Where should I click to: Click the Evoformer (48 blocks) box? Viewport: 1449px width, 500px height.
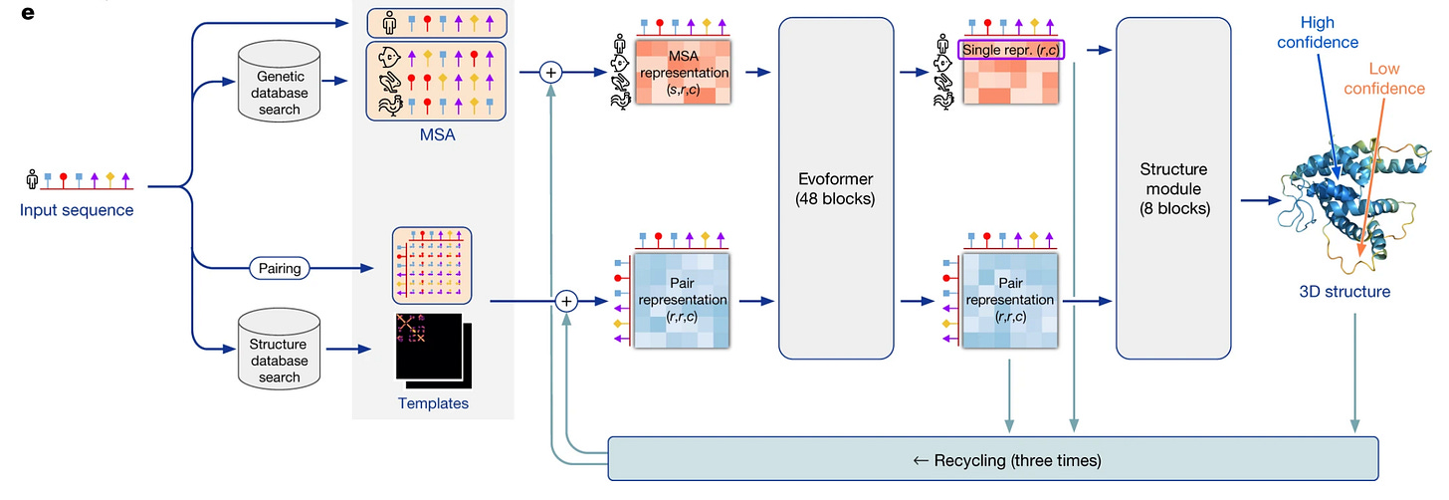tap(836, 188)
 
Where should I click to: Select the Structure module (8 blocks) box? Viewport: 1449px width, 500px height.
tap(1173, 188)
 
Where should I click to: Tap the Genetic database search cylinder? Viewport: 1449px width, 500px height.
tap(279, 82)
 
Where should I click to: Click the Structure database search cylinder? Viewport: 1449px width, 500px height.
tap(279, 349)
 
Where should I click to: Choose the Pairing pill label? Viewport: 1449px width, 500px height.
tap(280, 268)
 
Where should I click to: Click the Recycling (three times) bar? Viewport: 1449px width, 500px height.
tap(993, 459)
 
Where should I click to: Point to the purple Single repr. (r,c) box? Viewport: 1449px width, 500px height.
tap(1010, 50)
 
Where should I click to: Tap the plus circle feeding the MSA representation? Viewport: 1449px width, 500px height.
tap(550, 73)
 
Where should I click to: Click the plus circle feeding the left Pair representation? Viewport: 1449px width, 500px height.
tap(566, 301)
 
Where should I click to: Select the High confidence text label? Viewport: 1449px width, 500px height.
tap(1317, 33)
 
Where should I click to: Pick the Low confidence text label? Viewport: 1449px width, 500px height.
tap(1384, 79)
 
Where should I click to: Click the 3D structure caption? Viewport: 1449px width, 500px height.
tap(1345, 292)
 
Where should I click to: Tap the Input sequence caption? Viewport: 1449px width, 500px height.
tap(77, 210)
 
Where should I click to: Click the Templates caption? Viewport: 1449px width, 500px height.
tap(433, 403)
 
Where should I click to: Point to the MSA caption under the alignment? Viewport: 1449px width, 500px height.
tap(437, 134)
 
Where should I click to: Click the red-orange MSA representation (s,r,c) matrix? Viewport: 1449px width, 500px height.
tap(683, 72)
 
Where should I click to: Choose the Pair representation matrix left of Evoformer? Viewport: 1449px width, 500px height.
tap(682, 301)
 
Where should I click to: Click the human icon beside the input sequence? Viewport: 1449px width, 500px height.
tap(32, 178)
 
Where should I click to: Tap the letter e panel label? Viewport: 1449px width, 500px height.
tap(27, 13)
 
